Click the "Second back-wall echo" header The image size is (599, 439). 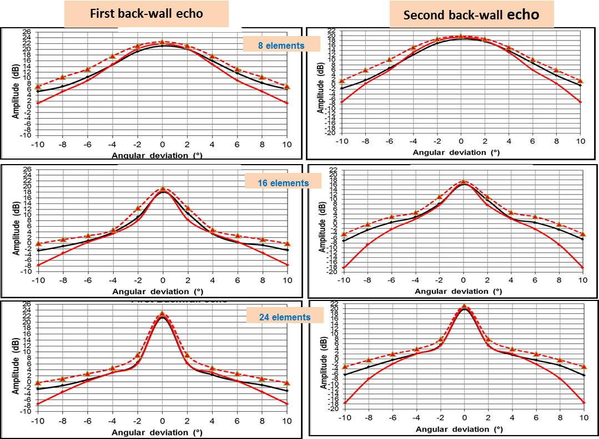(471, 14)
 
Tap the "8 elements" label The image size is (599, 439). (281, 45)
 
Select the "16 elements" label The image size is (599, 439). (283, 183)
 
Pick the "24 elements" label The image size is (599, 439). (284, 317)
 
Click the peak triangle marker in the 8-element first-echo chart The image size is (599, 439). (162, 42)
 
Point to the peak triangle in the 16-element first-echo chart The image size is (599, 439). (163, 189)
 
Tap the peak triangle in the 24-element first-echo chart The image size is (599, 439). (162, 314)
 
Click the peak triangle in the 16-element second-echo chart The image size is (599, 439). (463, 181)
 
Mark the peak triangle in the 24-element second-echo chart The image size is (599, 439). (464, 306)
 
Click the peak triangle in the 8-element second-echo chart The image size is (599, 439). (460, 36)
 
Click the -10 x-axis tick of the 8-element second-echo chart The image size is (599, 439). (341, 141)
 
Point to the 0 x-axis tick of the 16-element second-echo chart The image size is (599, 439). (463, 280)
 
